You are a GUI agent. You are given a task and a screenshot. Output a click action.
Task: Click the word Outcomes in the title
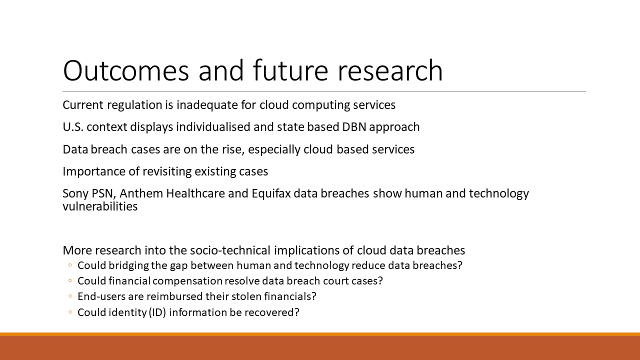click(126, 70)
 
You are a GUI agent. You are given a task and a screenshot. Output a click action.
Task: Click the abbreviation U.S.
click(73, 127)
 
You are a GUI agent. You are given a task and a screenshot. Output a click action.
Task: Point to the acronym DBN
click(354, 127)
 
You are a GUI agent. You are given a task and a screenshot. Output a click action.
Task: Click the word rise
click(233, 149)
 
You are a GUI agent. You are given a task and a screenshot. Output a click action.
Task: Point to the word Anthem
click(141, 193)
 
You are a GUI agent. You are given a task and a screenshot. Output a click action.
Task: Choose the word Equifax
click(271, 193)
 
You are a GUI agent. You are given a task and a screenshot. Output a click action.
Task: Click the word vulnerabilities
click(100, 206)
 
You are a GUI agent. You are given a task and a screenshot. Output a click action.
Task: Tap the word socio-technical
click(230, 250)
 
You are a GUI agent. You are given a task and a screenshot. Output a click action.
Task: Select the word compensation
click(188, 281)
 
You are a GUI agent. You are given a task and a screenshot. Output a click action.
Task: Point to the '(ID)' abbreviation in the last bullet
click(157, 312)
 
